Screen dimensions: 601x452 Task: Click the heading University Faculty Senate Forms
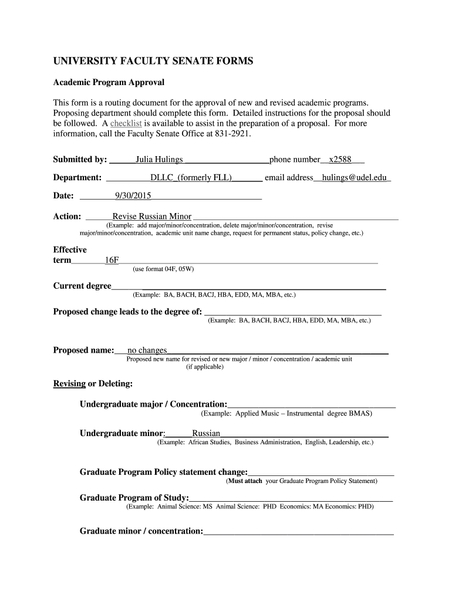(153, 61)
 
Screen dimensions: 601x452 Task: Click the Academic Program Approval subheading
(109, 82)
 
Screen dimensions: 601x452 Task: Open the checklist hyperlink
(126, 124)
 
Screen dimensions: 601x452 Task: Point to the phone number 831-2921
(233, 134)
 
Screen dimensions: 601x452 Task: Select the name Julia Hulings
(159, 160)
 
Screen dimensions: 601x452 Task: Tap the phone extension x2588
(340, 160)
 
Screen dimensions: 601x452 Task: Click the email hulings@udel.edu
(355, 178)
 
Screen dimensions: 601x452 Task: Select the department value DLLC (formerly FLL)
(191, 178)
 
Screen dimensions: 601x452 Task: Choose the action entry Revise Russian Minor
(152, 216)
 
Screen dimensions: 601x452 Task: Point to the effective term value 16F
(112, 260)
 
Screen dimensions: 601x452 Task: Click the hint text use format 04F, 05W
(163, 269)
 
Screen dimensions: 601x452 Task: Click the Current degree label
(82, 286)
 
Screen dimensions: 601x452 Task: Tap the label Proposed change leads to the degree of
(127, 312)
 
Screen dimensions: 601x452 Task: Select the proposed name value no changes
(147, 350)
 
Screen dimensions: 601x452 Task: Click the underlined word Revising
(70, 384)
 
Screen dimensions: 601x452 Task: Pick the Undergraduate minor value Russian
(202, 434)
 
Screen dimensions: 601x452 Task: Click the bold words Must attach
(245, 481)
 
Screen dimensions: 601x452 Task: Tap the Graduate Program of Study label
(134, 498)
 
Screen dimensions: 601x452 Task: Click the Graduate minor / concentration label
(141, 531)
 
